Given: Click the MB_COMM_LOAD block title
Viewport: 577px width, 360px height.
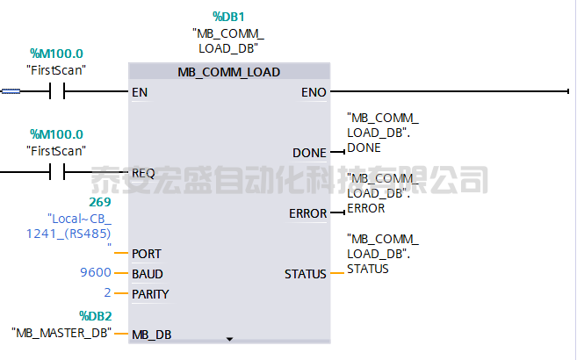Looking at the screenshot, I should click(229, 72).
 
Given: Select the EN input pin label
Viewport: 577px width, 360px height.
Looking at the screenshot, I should click(140, 91).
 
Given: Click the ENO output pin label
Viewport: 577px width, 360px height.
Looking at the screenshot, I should click(314, 91).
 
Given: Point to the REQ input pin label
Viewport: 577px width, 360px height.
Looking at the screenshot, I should click(143, 172).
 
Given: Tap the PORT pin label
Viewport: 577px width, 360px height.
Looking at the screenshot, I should click(146, 253).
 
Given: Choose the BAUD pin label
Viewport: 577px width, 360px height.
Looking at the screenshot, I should click(148, 273).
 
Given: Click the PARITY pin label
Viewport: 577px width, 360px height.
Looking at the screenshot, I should click(150, 293).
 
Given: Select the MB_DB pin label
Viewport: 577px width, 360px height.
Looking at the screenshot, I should click(151, 334).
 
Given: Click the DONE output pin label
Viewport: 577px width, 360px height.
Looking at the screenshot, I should click(309, 153).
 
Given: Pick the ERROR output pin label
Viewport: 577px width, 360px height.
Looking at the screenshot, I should click(307, 213).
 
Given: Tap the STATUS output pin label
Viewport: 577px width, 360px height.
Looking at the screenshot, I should click(306, 274).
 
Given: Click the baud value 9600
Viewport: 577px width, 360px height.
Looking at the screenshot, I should click(95, 273).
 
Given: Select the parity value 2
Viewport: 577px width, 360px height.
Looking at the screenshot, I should click(107, 293).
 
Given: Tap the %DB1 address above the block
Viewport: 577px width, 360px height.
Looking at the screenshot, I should click(229, 17).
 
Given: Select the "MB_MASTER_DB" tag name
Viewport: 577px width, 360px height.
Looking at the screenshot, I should click(62, 333).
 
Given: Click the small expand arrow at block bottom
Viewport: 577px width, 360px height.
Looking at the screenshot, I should click(230, 337).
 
